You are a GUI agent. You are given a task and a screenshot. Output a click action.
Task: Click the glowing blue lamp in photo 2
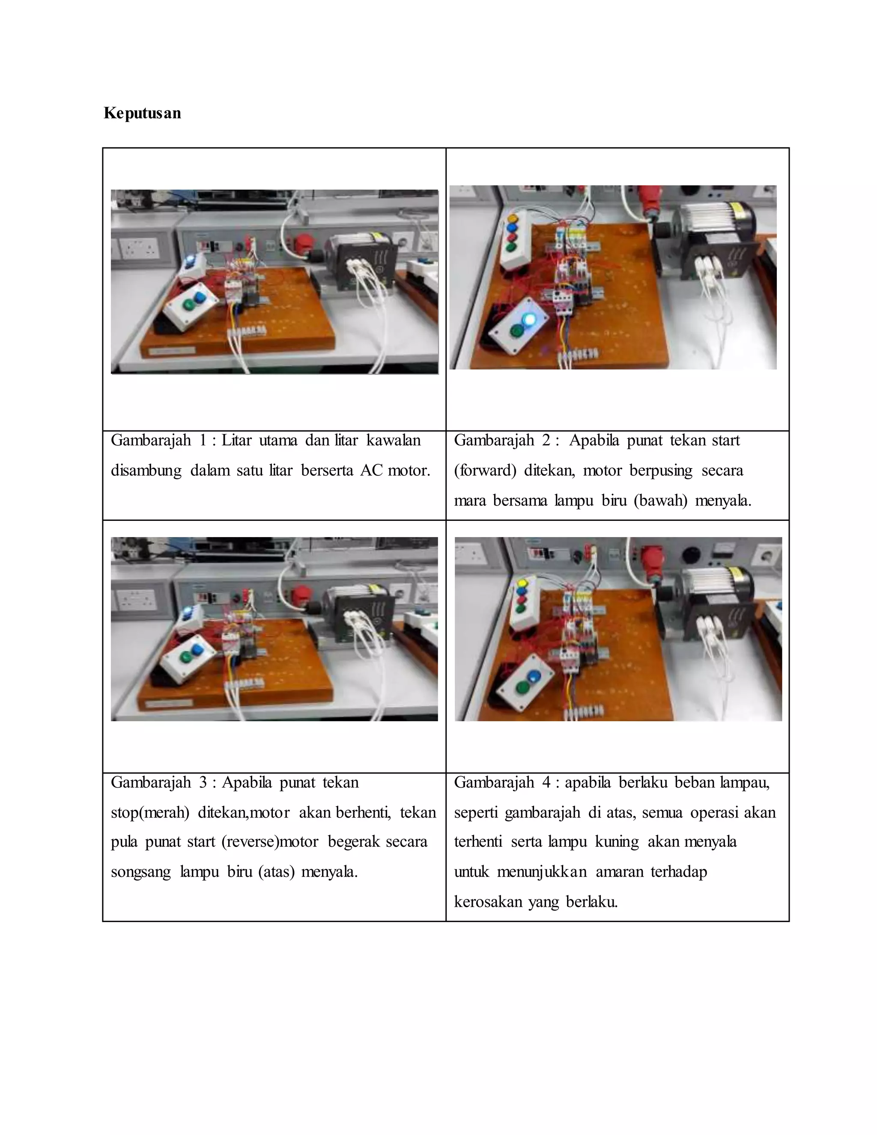(x=529, y=319)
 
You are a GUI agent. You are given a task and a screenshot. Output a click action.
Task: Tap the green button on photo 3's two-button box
(x=186, y=656)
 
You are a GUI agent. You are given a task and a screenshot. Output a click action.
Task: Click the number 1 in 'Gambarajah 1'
(x=203, y=441)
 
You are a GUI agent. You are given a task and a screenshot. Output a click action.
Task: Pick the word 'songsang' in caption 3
(x=141, y=872)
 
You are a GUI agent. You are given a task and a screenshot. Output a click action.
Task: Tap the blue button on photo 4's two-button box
(x=534, y=677)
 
